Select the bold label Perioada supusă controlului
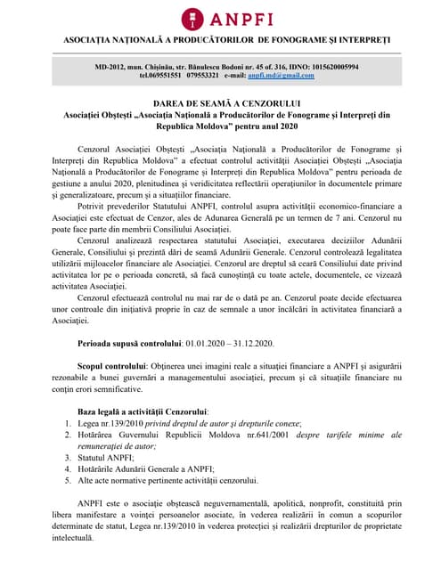(x=128, y=341)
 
